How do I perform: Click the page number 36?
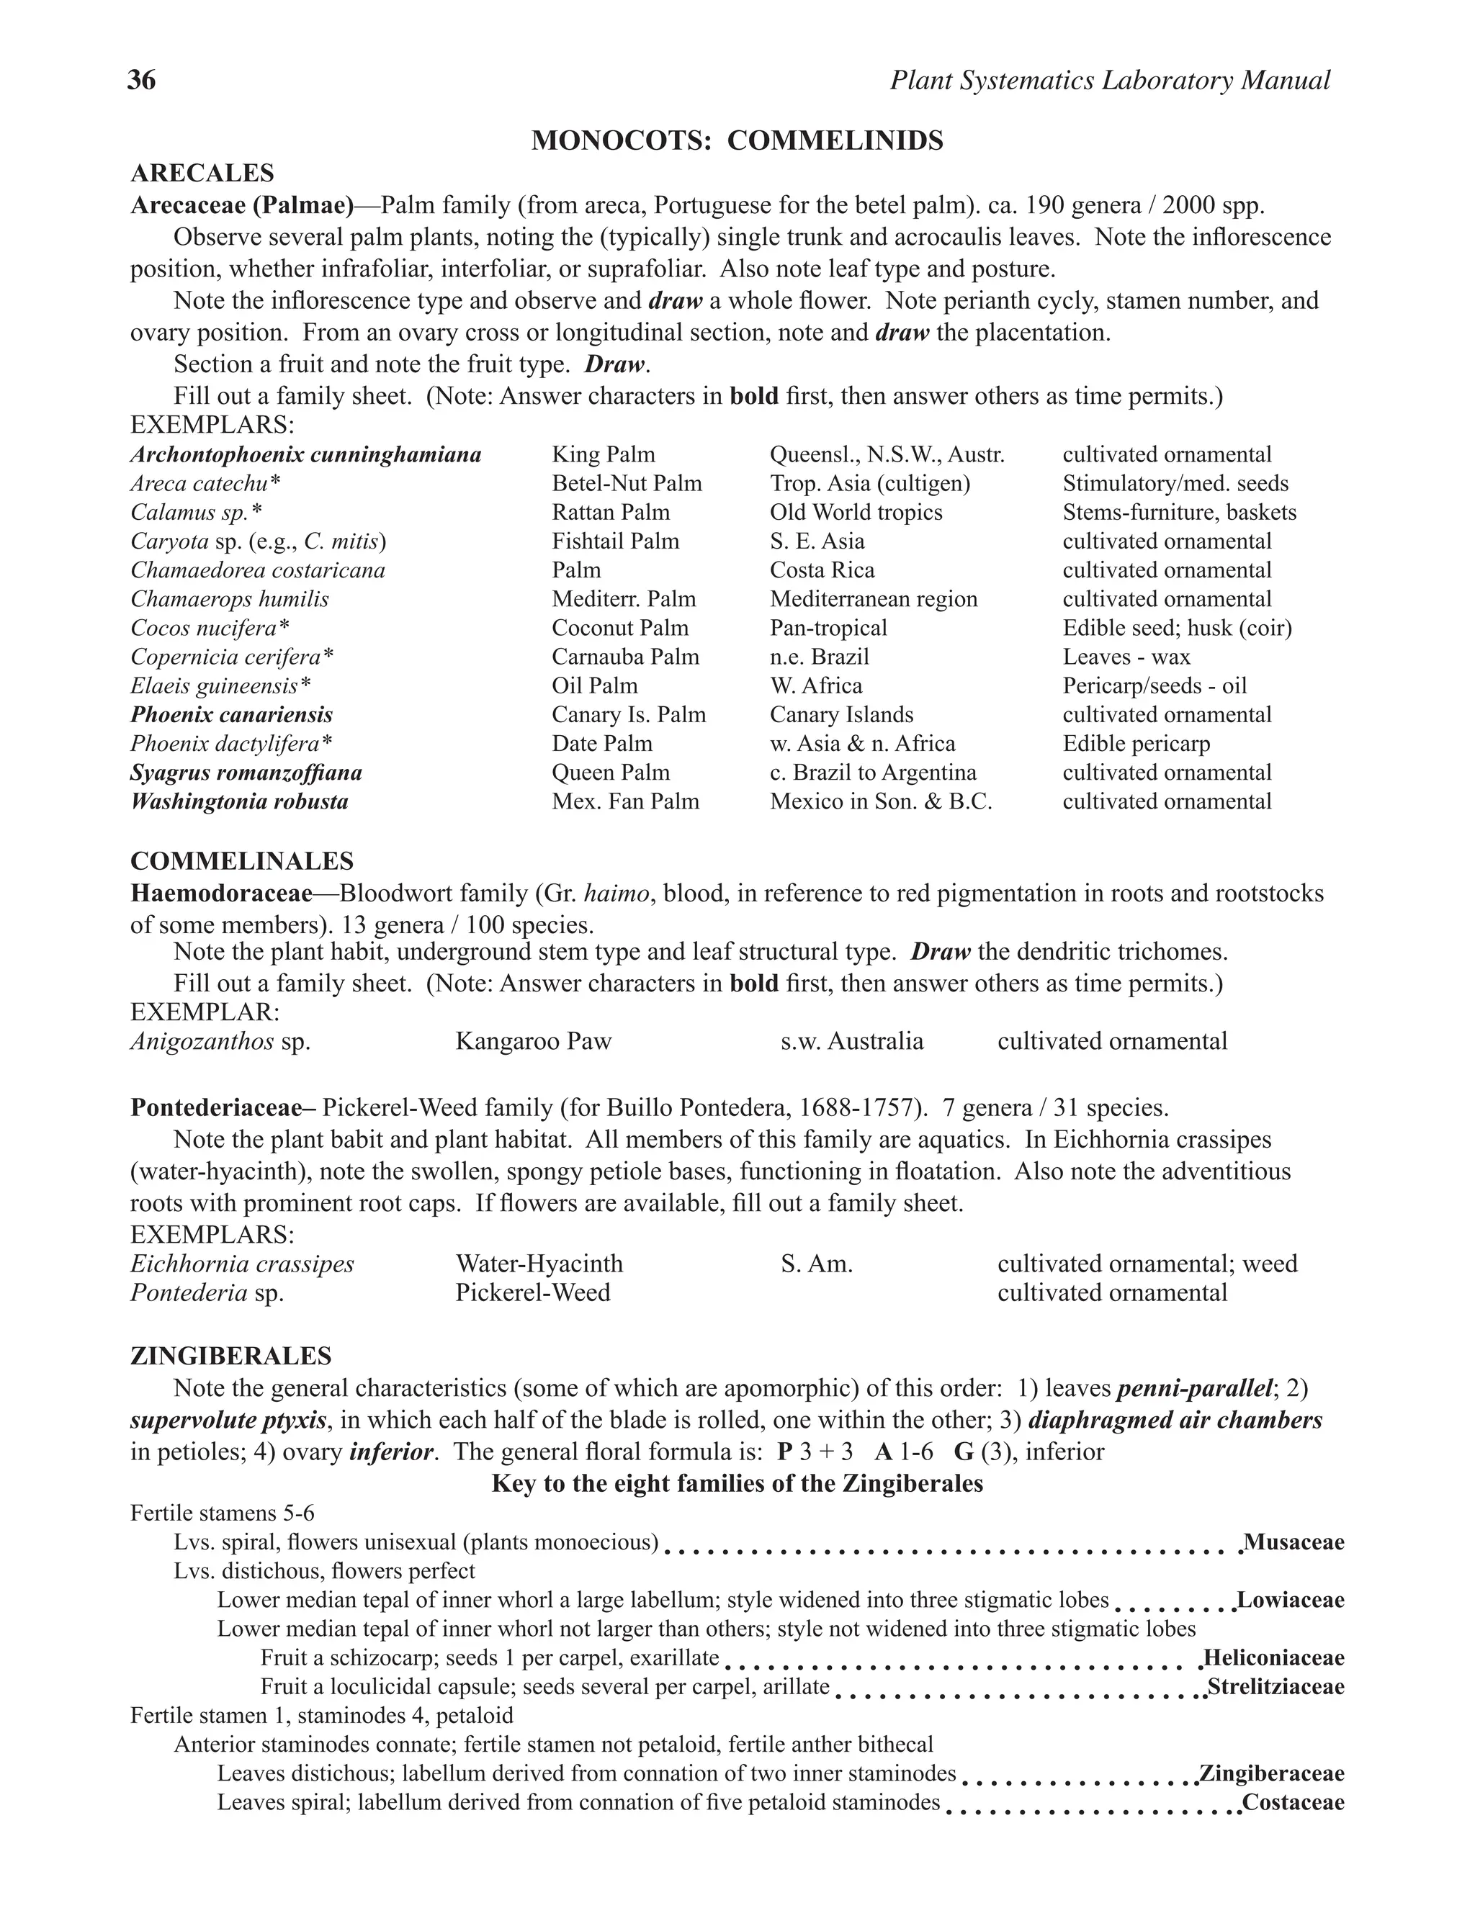click(x=142, y=81)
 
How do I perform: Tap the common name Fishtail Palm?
click(x=615, y=541)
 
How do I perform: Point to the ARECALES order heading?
click(x=202, y=173)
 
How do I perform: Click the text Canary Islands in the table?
click(x=840, y=715)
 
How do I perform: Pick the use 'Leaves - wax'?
click(x=1126, y=657)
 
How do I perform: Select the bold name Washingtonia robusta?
click(x=239, y=802)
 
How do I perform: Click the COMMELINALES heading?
click(x=242, y=861)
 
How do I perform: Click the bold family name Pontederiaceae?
click(x=221, y=1108)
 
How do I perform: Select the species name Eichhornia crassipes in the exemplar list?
click(x=242, y=1264)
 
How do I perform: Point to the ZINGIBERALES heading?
click(x=230, y=1356)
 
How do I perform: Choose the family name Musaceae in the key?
click(x=1294, y=1542)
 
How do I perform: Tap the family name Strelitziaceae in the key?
click(x=1275, y=1687)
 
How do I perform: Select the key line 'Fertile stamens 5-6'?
click(x=222, y=1513)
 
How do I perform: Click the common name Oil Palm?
click(x=594, y=685)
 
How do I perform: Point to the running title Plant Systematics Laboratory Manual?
click(x=1110, y=81)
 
